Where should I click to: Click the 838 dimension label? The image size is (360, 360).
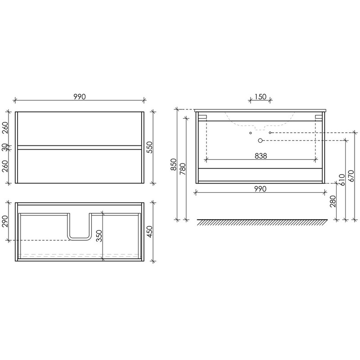tap(261, 156)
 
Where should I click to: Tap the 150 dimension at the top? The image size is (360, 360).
tap(261, 97)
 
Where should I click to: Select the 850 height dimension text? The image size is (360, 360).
tap(173, 164)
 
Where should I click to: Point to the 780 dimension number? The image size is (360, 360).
tap(183, 169)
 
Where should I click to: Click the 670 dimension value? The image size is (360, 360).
tap(351, 176)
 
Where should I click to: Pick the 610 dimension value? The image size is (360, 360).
tap(342, 180)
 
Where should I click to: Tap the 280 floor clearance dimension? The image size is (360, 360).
tap(333, 201)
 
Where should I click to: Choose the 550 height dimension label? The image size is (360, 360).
tap(149, 148)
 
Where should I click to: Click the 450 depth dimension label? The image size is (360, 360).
tap(149, 232)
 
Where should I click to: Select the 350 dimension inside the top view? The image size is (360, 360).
tap(99, 235)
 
